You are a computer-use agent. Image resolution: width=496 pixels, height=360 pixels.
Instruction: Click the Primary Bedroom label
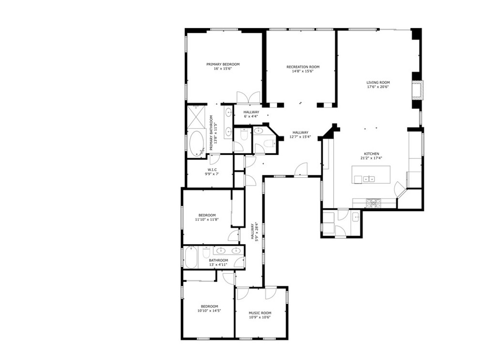click(x=223, y=66)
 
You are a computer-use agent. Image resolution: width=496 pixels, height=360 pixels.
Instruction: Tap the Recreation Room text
click(x=303, y=69)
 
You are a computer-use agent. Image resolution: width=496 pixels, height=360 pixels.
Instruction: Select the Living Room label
click(x=378, y=84)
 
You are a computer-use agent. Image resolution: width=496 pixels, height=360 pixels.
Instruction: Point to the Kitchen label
click(x=372, y=156)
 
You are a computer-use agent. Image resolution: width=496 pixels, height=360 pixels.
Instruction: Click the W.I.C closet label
click(x=212, y=172)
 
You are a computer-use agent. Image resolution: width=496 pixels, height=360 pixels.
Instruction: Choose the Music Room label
click(x=260, y=315)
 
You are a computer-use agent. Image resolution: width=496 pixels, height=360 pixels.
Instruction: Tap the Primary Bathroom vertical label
click(x=214, y=133)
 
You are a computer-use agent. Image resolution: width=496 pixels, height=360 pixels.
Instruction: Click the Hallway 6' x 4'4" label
click(x=251, y=114)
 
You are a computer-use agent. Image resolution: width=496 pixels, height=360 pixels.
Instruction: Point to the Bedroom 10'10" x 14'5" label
click(x=209, y=309)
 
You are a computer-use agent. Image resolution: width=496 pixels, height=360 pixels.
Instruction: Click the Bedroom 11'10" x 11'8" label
click(x=207, y=218)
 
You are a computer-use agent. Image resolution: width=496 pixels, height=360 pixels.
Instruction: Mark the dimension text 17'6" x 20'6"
click(x=378, y=87)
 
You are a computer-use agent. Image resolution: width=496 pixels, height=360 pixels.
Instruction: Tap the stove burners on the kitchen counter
click(x=373, y=203)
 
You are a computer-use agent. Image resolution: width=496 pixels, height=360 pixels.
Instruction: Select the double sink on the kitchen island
click(x=369, y=179)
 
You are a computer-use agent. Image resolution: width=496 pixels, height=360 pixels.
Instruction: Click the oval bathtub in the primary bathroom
click(x=196, y=144)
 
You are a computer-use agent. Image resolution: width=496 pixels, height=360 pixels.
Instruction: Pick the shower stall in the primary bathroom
click(x=197, y=117)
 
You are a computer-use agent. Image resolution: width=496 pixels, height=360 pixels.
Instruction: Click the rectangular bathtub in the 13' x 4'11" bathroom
click(x=191, y=257)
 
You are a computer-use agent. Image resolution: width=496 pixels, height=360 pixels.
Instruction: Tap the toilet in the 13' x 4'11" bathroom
click(x=205, y=253)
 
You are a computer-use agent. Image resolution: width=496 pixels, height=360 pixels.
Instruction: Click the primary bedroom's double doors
click(x=248, y=97)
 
